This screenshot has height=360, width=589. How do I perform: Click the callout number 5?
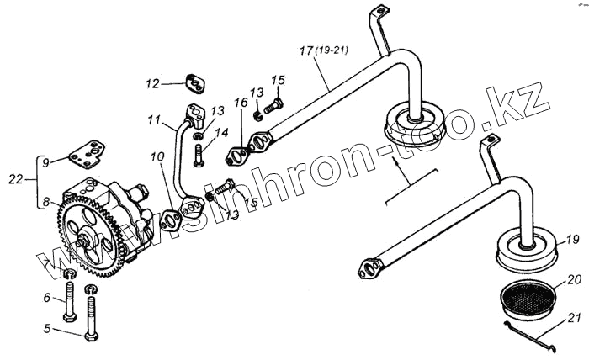point(48,329)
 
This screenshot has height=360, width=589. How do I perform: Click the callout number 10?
point(158,157)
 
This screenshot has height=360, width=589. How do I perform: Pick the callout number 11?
point(153,122)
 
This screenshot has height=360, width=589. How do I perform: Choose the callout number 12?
point(152,83)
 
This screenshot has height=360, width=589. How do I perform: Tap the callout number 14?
point(221,132)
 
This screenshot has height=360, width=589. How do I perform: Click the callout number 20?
point(572,279)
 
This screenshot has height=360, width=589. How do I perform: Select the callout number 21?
point(572,318)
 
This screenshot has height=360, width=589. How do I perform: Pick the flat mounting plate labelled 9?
point(88,154)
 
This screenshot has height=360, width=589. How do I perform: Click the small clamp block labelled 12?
point(194,86)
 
